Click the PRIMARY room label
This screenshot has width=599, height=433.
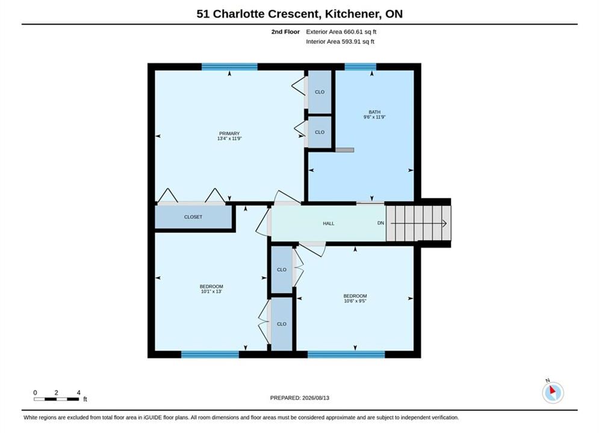(229, 134)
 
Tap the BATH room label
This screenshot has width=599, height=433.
(374, 112)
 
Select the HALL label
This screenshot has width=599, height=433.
(329, 224)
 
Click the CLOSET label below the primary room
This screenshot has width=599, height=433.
(193, 217)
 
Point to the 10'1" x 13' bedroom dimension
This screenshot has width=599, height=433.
(211, 292)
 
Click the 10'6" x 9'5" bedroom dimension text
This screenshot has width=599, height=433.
(355, 301)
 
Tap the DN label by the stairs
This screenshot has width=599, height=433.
(380, 223)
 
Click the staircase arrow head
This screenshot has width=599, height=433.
(444, 223)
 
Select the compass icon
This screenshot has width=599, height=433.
(553, 392)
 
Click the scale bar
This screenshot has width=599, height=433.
(57, 399)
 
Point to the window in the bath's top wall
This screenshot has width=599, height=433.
(360, 67)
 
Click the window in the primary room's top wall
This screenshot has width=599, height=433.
(229, 67)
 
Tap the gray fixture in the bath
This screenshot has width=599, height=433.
(344, 150)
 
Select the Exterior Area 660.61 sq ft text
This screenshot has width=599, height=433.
(341, 32)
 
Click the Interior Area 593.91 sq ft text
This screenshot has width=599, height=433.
(340, 41)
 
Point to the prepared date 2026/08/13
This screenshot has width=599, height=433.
(315, 398)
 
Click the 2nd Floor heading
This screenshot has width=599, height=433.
(285, 32)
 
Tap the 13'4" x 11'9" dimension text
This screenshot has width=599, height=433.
(229, 138)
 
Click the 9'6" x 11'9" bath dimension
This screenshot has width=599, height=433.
(374, 117)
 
